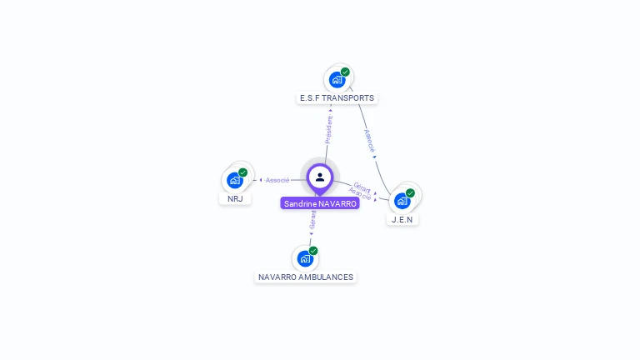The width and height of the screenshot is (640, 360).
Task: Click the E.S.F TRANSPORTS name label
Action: [337, 98]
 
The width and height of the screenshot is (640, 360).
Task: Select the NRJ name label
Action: [235, 199]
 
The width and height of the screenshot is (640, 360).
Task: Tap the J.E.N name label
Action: [402, 219]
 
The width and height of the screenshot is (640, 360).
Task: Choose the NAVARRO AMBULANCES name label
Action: [305, 277]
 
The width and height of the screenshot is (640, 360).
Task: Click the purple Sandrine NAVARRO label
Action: [320, 203]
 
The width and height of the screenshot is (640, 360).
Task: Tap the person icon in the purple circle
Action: [320, 177]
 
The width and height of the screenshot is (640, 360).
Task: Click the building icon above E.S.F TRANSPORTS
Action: [337, 80]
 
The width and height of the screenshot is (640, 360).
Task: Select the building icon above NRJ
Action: [235, 180]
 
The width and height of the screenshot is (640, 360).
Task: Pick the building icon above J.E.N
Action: [402, 201]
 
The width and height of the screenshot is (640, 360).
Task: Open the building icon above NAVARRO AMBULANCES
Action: [305, 258]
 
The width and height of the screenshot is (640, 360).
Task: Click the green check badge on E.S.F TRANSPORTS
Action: [345, 72]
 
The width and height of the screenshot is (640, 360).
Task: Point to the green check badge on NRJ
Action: [243, 172]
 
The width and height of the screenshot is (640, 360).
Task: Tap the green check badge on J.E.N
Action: [411, 192]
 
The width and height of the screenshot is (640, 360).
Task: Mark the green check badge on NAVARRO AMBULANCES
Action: [313, 250]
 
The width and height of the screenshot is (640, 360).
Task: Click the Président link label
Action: [329, 130]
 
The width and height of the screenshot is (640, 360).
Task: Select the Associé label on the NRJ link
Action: [277, 180]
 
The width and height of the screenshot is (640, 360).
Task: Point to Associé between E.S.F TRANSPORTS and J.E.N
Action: [369, 140]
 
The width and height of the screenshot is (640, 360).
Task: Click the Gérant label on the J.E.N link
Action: [362, 187]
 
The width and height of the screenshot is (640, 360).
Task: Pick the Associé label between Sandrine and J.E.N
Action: [360, 194]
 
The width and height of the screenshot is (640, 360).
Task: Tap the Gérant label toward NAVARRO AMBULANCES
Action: [312, 219]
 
